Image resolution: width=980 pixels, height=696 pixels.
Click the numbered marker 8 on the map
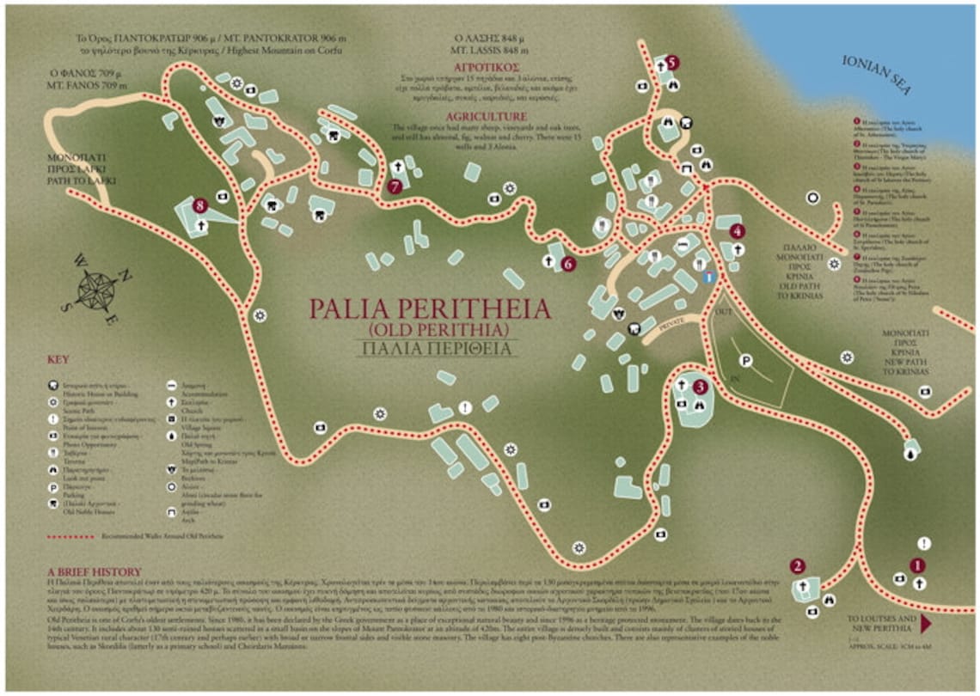pyautogui.click(x=200, y=205)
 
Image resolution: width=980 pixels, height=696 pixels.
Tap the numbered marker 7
pyautogui.click(x=395, y=186)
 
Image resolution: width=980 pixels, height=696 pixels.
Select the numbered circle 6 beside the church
pyautogui.click(x=567, y=264)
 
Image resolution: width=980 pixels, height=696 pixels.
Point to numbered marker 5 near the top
pyautogui.click(x=671, y=62)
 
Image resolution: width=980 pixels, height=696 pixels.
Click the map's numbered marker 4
pyautogui.click(x=737, y=231)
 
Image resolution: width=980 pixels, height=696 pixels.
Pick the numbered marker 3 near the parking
pyautogui.click(x=700, y=388)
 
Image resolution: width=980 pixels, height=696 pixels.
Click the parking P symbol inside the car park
pyautogui.click(x=746, y=362)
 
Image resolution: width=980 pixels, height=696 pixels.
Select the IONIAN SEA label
pyautogui.click(x=878, y=76)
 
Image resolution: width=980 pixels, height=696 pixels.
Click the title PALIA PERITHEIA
pyautogui.click(x=430, y=308)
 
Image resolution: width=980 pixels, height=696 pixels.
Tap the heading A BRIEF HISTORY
pyautogui.click(x=94, y=571)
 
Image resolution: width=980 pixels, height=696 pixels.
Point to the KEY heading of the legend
pyautogui.click(x=58, y=359)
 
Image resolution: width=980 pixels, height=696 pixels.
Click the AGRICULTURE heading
pyautogui.click(x=486, y=117)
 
